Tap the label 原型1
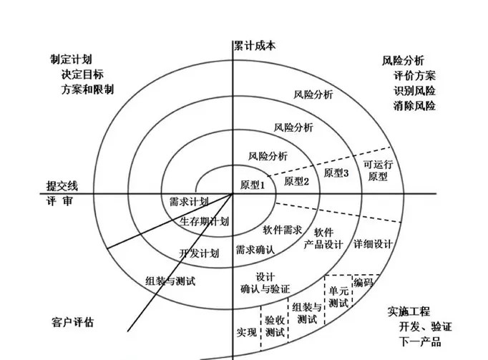click(253, 184)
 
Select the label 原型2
click(296, 181)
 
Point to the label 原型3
click(336, 173)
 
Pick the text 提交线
click(57, 185)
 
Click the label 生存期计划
click(204, 221)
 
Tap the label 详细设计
click(373, 244)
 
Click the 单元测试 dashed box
click(339, 296)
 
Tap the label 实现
click(245, 333)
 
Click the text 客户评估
click(73, 322)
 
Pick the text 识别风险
click(414, 91)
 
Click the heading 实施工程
click(409, 312)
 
